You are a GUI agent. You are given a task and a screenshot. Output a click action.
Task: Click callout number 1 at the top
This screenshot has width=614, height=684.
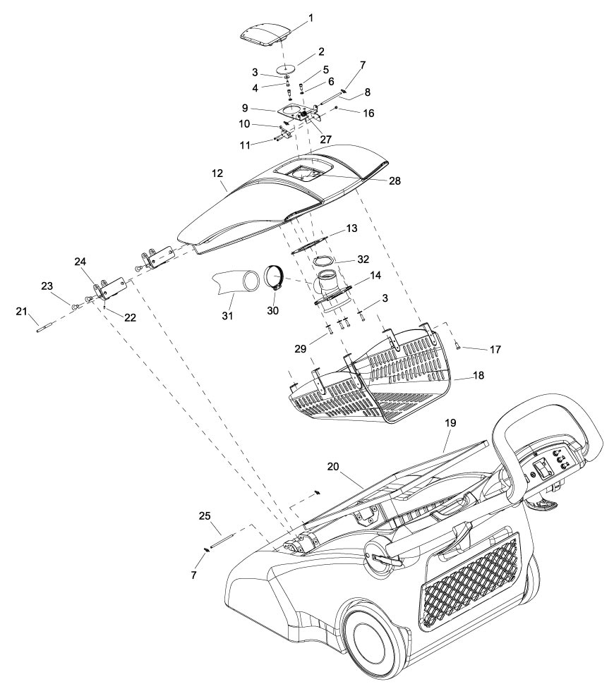pos(311,18)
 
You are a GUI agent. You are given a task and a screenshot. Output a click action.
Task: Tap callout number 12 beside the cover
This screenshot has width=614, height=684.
pos(217,173)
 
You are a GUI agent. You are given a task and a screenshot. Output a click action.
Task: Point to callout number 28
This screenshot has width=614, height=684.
pos(395,181)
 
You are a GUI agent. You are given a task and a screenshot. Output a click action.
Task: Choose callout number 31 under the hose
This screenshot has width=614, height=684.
pos(227,316)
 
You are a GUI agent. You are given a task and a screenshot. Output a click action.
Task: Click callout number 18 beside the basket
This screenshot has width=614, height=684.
pos(478,375)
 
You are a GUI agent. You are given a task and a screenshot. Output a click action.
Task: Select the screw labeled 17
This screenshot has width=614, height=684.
pos(457,346)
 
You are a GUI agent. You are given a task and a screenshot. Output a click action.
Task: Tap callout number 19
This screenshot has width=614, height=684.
pos(450,422)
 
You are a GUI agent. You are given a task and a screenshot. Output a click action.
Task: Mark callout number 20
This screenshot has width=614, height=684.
pos(333,466)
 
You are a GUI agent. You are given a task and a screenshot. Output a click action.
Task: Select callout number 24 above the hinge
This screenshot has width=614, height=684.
pos(80,262)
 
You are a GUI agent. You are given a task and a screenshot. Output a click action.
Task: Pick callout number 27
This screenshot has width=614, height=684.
pos(326,139)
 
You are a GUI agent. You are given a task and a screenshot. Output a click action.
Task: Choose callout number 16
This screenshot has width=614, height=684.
pos(368,113)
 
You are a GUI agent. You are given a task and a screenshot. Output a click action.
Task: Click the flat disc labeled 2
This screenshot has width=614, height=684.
pos(287,68)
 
